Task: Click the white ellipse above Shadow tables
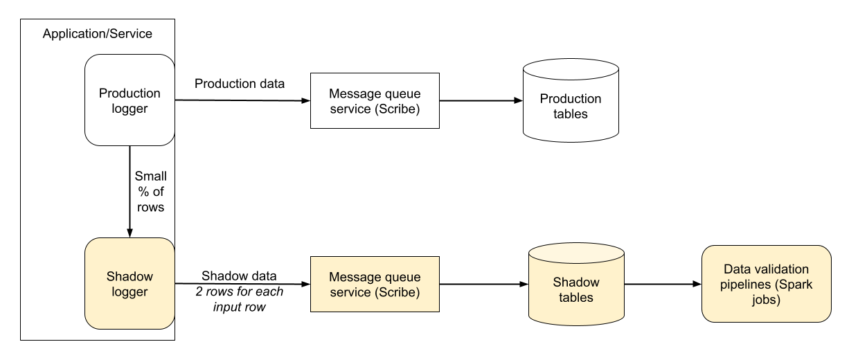pyautogui.click(x=571, y=69)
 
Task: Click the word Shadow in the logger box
pyautogui.click(x=129, y=276)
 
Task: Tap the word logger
pyautogui.click(x=129, y=291)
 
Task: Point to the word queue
pyautogui.click(x=402, y=277)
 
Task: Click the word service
pyautogui.click(x=350, y=292)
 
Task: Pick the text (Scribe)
pyautogui.click(x=397, y=292)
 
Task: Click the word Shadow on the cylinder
pyautogui.click(x=576, y=282)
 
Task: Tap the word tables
pyautogui.click(x=576, y=298)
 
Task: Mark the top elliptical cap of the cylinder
pyautogui.click(x=576, y=252)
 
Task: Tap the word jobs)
pyautogui.click(x=766, y=300)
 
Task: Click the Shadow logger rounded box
pyautogui.click(x=129, y=312)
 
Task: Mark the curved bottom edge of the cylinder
pyautogui.click(x=576, y=324)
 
